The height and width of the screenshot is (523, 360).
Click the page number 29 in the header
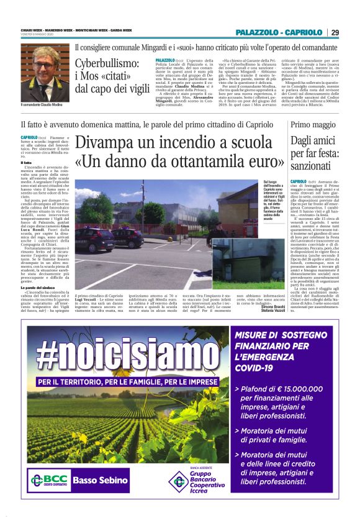click(335, 32)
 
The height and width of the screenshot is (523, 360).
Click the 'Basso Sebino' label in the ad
click(93, 480)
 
